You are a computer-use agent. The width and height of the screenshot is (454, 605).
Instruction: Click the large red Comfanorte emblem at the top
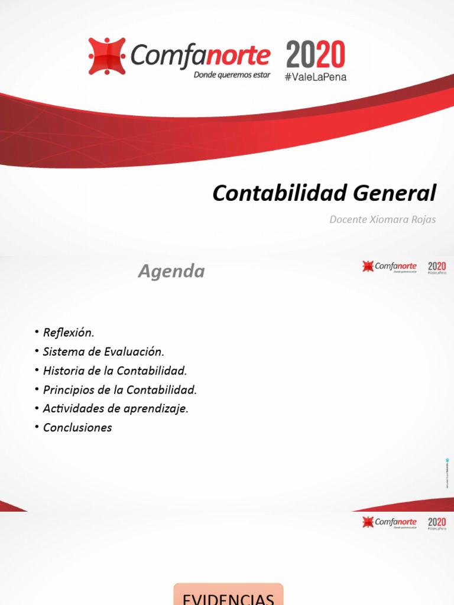click(107, 56)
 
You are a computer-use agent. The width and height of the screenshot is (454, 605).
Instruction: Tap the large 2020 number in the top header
click(316, 55)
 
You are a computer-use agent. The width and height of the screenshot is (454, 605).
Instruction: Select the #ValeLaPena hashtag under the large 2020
click(316, 77)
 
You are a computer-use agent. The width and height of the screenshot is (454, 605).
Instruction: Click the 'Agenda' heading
click(171, 271)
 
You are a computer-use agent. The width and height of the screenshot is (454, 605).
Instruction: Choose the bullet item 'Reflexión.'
click(69, 333)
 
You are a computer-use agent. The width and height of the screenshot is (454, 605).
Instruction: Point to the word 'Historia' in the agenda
click(63, 371)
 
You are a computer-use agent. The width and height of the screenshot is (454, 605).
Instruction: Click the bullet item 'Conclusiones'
click(77, 428)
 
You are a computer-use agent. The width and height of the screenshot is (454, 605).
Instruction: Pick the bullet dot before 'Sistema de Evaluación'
click(37, 352)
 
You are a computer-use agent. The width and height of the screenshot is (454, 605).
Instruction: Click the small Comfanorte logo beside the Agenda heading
click(390, 267)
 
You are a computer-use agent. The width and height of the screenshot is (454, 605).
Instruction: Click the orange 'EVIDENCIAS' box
click(228, 596)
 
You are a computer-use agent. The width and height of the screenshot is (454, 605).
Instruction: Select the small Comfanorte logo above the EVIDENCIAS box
click(390, 522)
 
